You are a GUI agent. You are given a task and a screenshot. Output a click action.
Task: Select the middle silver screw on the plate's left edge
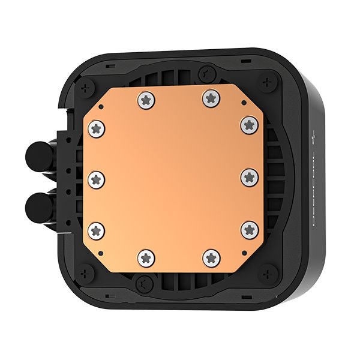click(96, 178)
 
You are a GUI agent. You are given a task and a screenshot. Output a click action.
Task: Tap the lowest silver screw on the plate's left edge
click(97, 229)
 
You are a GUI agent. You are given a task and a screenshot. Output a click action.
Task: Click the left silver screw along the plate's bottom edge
click(146, 257)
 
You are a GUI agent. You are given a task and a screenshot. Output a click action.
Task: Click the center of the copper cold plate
click(174, 178)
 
